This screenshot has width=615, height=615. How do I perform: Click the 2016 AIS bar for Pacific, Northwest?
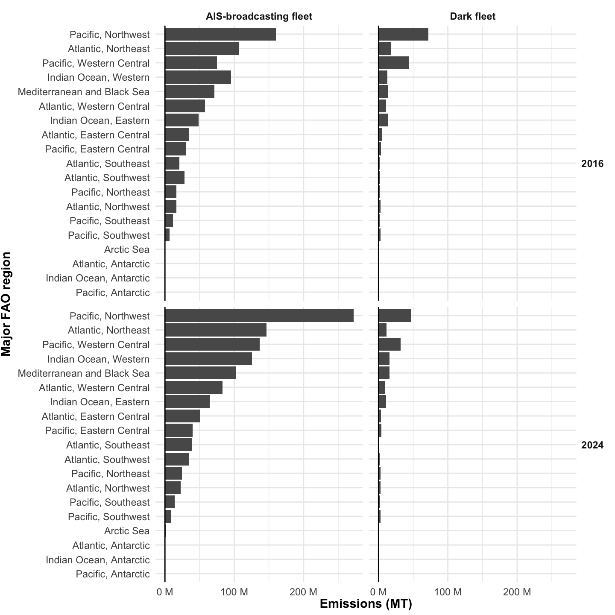point(220,34)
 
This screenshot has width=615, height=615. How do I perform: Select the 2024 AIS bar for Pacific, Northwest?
point(259,316)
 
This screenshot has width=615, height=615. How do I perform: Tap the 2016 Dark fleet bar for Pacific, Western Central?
point(393,63)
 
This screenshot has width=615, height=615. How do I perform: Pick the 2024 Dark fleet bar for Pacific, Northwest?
point(394,316)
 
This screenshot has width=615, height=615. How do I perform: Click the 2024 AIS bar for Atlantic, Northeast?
point(215,330)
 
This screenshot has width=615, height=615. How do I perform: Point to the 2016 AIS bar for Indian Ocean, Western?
point(198,77)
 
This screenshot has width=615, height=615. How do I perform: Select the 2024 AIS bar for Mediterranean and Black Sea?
point(200,373)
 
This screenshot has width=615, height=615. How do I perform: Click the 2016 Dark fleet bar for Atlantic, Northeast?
point(384,49)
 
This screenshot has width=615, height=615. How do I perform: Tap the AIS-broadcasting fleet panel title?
point(259,17)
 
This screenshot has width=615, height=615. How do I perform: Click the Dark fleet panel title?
point(472,17)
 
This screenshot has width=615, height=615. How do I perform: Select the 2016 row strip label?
point(592,164)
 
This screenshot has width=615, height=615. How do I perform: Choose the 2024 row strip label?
point(592,445)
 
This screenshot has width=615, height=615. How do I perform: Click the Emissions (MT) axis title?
point(366,604)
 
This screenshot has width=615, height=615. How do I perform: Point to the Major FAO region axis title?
point(6,304)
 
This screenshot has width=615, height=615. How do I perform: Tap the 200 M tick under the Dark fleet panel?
point(517,592)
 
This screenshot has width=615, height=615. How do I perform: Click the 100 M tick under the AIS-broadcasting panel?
point(234,592)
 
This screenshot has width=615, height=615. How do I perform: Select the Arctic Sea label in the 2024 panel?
point(127,531)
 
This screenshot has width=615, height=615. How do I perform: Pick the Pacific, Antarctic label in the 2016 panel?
point(113,293)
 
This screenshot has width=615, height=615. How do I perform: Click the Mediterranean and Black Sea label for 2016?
point(84,92)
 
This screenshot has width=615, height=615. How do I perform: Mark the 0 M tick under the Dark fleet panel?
point(378,592)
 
